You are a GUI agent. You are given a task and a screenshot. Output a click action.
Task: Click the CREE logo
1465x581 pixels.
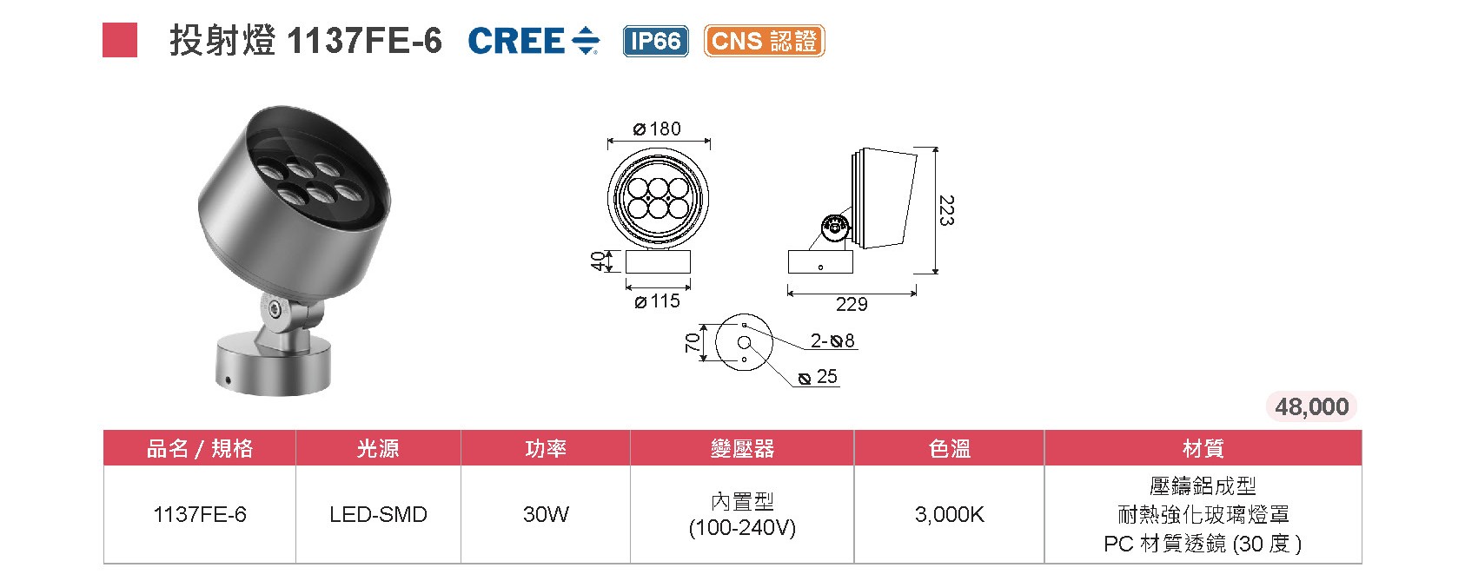pyautogui.click(x=533, y=41)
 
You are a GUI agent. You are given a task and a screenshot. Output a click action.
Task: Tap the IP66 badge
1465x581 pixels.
pyautogui.click(x=655, y=41)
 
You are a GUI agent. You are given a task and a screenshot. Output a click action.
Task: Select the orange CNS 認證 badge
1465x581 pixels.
pyautogui.click(x=764, y=41)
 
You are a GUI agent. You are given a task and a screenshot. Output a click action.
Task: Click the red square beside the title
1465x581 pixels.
pyautogui.click(x=120, y=41)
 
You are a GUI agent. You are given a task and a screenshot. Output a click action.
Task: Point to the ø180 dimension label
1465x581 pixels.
pyautogui.click(x=658, y=129)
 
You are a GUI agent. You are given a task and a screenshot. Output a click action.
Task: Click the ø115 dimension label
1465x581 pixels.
pyautogui.click(x=658, y=301)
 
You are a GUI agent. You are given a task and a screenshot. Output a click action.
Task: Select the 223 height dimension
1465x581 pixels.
pyautogui.click(x=946, y=211)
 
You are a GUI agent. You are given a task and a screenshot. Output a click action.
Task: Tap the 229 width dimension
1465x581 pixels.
pyautogui.click(x=852, y=304)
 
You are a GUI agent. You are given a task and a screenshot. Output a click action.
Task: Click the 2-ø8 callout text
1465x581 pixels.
pyautogui.click(x=832, y=340)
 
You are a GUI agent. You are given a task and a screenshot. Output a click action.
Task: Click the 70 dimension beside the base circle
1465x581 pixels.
pyautogui.click(x=693, y=342)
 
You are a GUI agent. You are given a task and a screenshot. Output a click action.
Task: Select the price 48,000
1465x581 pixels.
pyautogui.click(x=1311, y=406)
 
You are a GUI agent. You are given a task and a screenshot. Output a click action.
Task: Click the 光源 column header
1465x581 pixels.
pyautogui.click(x=378, y=448)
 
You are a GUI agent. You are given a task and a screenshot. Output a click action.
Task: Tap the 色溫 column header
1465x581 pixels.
pyautogui.click(x=949, y=448)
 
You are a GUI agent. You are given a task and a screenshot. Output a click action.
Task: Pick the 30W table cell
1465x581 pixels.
pyautogui.click(x=546, y=514)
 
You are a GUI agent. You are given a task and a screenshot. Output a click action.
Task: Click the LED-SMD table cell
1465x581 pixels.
pyautogui.click(x=378, y=514)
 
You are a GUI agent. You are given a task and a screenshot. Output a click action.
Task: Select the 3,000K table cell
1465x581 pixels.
pyautogui.click(x=949, y=514)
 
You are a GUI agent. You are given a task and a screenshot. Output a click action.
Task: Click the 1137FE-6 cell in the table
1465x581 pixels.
pyautogui.click(x=200, y=514)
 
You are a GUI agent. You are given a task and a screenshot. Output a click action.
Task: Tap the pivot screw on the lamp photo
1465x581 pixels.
pyautogui.click(x=275, y=308)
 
